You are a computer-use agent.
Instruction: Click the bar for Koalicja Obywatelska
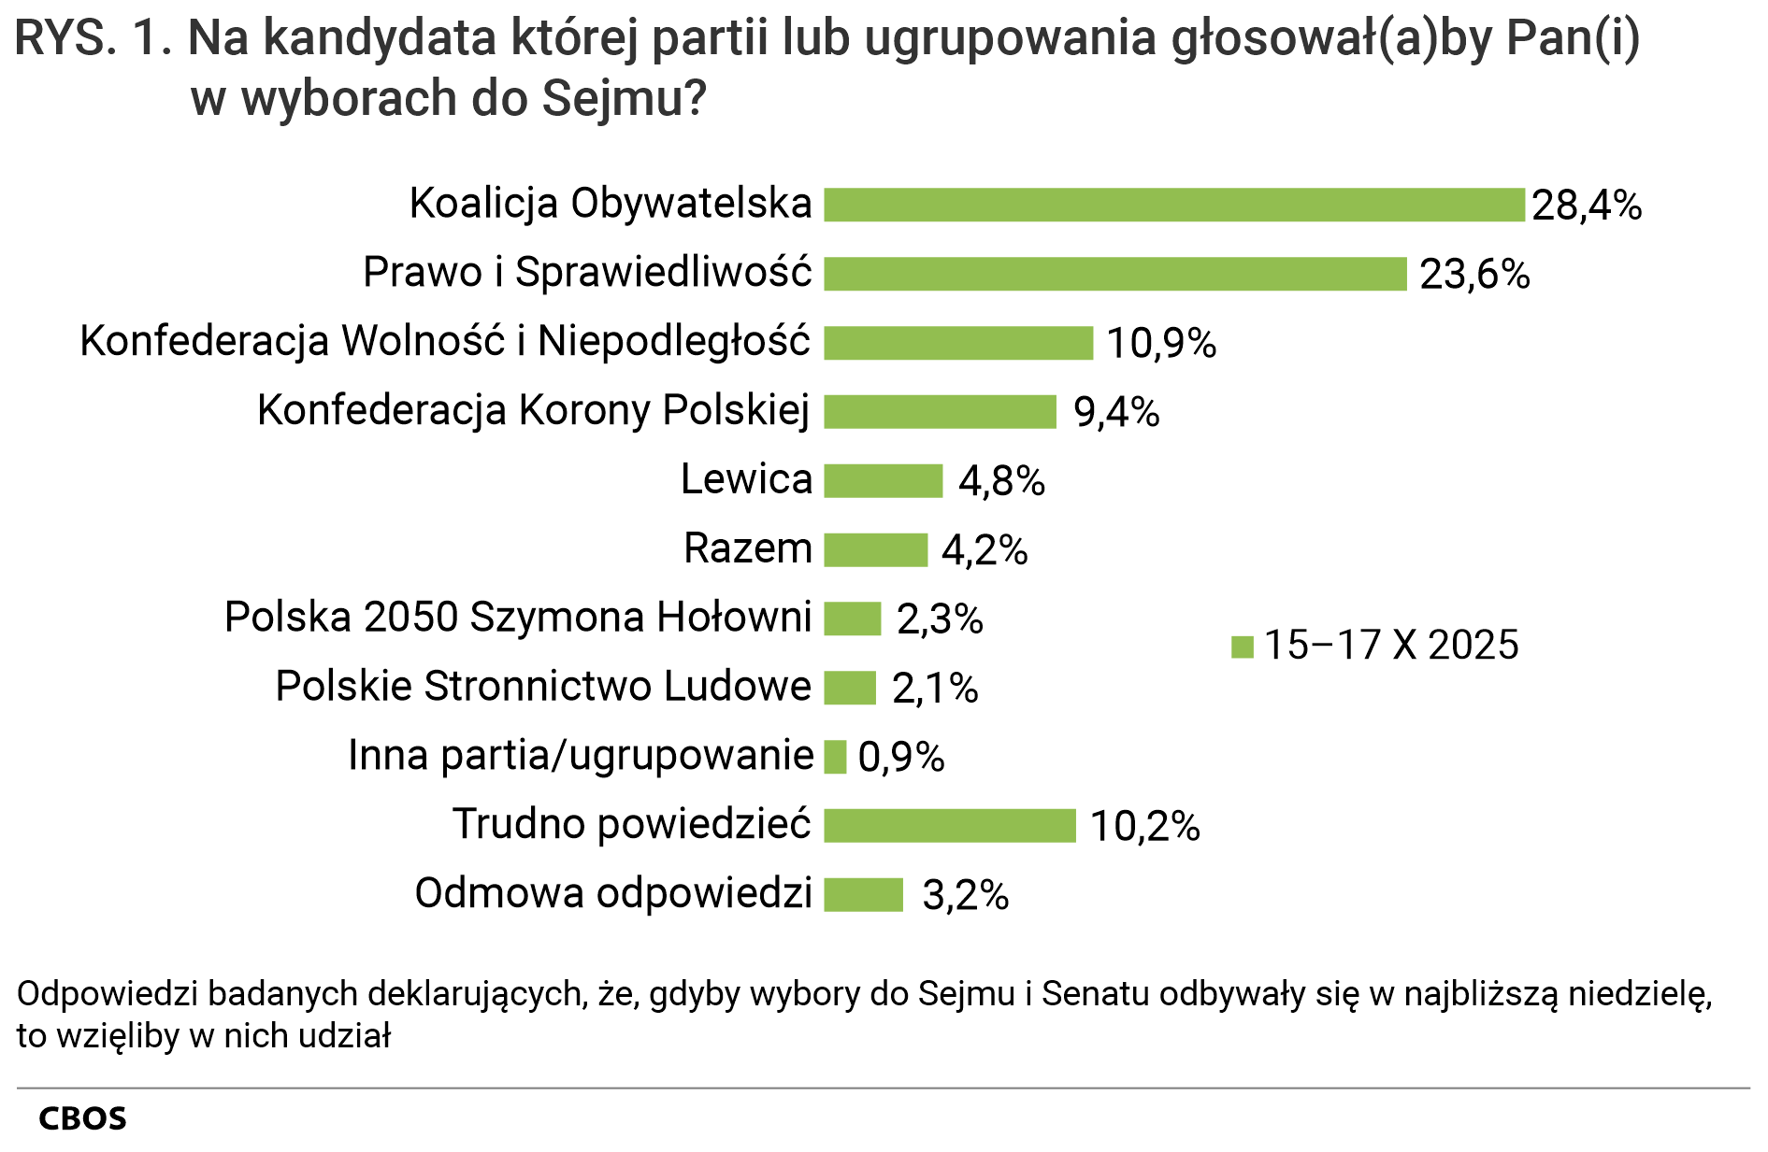tap(1173, 205)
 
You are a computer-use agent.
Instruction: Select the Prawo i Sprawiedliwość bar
tap(1114, 274)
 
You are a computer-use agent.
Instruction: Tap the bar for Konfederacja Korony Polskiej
tap(940, 412)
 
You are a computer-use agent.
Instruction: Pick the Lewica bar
tap(883, 481)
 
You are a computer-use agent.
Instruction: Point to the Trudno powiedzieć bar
tap(949, 826)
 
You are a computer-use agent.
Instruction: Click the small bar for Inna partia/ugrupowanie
tap(835, 757)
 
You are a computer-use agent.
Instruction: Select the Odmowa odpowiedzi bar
tap(863, 895)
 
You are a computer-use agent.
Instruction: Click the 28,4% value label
tap(1587, 206)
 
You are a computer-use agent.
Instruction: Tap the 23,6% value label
tap(1474, 275)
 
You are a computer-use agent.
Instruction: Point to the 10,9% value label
tap(1161, 344)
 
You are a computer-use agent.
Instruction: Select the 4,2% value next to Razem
tap(985, 550)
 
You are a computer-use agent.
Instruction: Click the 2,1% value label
tap(935, 689)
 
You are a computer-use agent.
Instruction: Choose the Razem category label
tap(748, 548)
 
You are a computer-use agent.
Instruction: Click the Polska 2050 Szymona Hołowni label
tap(518, 618)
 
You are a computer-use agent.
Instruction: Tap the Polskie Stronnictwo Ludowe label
tap(543, 687)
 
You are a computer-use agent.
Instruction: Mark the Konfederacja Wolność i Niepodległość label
tap(445, 342)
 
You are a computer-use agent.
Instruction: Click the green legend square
tap(1242, 647)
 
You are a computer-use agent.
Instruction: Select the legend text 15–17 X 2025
tap(1391, 646)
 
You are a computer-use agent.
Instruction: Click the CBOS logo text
tap(82, 1118)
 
